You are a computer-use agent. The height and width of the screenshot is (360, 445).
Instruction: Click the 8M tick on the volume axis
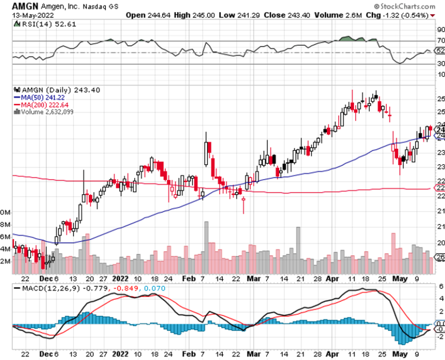coord(6,224)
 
